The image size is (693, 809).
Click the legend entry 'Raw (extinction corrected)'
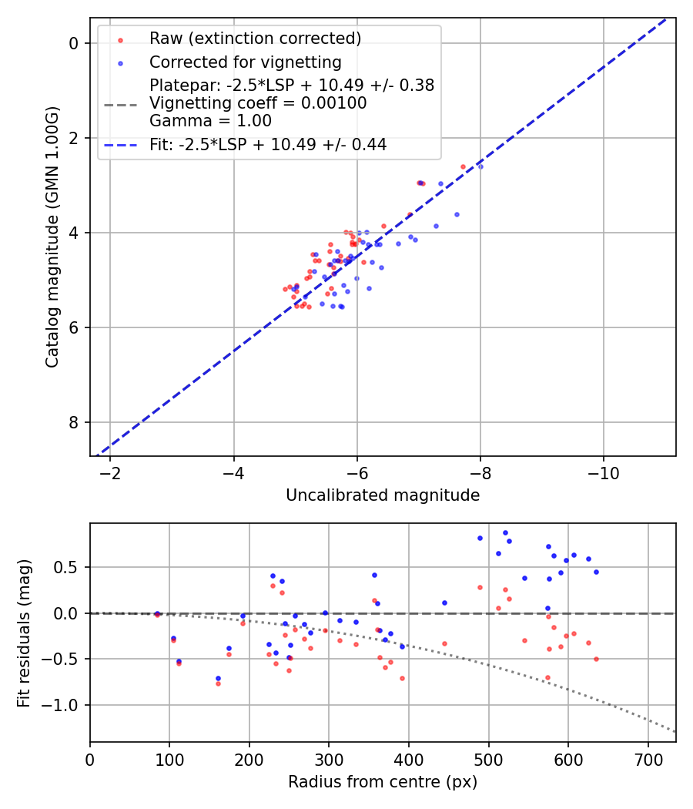pyautogui.click(x=255, y=39)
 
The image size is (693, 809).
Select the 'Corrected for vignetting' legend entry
pyautogui.click(x=245, y=62)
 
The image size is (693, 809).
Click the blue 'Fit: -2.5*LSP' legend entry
pyautogui.click(x=268, y=144)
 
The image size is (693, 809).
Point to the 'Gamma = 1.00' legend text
pyautogui.click(x=210, y=121)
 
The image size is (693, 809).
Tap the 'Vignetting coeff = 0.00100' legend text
pyautogui.click(x=258, y=103)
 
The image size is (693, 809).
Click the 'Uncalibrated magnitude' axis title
pyautogui.click(x=383, y=495)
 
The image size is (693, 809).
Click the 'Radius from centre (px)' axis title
pyautogui.click(x=383, y=782)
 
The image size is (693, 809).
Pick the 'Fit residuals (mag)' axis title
pyautogui.click(x=24, y=633)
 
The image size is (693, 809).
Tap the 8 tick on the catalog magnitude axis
pyautogui.click(x=75, y=422)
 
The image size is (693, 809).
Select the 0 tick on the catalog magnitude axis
pyautogui.click(x=75, y=43)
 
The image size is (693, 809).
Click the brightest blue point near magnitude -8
pyautogui.click(x=480, y=166)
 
